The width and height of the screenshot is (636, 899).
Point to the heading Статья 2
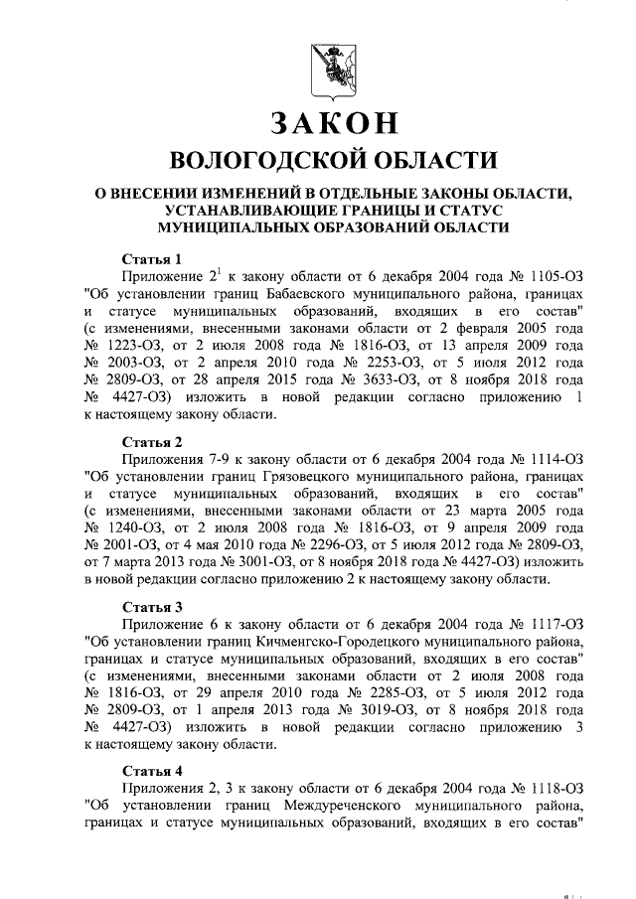152,442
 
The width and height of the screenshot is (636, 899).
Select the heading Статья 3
152,607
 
